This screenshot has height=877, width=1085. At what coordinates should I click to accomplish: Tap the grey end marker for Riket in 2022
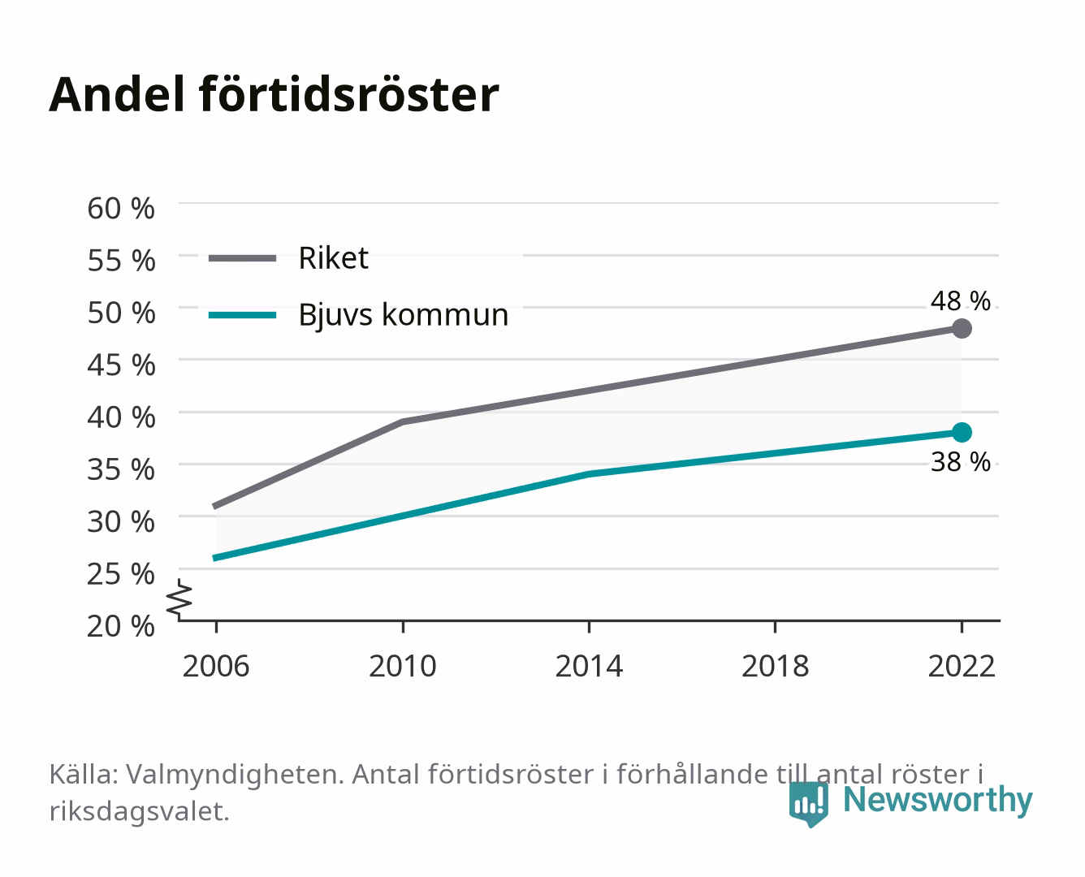[x=962, y=329]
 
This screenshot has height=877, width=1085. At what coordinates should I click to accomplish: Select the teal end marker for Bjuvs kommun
[x=962, y=432]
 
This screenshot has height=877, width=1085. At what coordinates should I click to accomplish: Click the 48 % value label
[x=960, y=300]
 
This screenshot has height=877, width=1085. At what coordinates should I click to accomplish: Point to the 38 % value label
[x=960, y=462]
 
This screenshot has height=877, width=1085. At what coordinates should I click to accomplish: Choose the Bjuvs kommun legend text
[x=404, y=315]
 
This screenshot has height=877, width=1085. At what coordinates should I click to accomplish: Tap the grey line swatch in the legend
[x=243, y=258]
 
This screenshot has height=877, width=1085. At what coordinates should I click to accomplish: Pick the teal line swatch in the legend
[x=243, y=315]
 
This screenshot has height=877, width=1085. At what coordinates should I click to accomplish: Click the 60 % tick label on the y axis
[x=121, y=209]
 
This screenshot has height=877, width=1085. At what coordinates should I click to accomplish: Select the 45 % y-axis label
[x=121, y=365]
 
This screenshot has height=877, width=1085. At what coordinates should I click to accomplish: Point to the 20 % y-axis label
[x=121, y=626]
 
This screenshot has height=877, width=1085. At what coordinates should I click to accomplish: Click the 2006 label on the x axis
[x=216, y=666]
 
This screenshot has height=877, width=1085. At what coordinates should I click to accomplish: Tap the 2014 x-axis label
[x=589, y=666]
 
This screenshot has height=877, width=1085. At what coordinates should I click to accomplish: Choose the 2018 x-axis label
[x=775, y=666]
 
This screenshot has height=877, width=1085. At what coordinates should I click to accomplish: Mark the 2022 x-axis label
[x=962, y=666]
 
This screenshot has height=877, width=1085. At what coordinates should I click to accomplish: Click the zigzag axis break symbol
[x=179, y=599]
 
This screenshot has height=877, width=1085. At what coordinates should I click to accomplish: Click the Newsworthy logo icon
[x=808, y=805]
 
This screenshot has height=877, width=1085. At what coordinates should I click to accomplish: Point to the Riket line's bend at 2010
[x=403, y=421]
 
